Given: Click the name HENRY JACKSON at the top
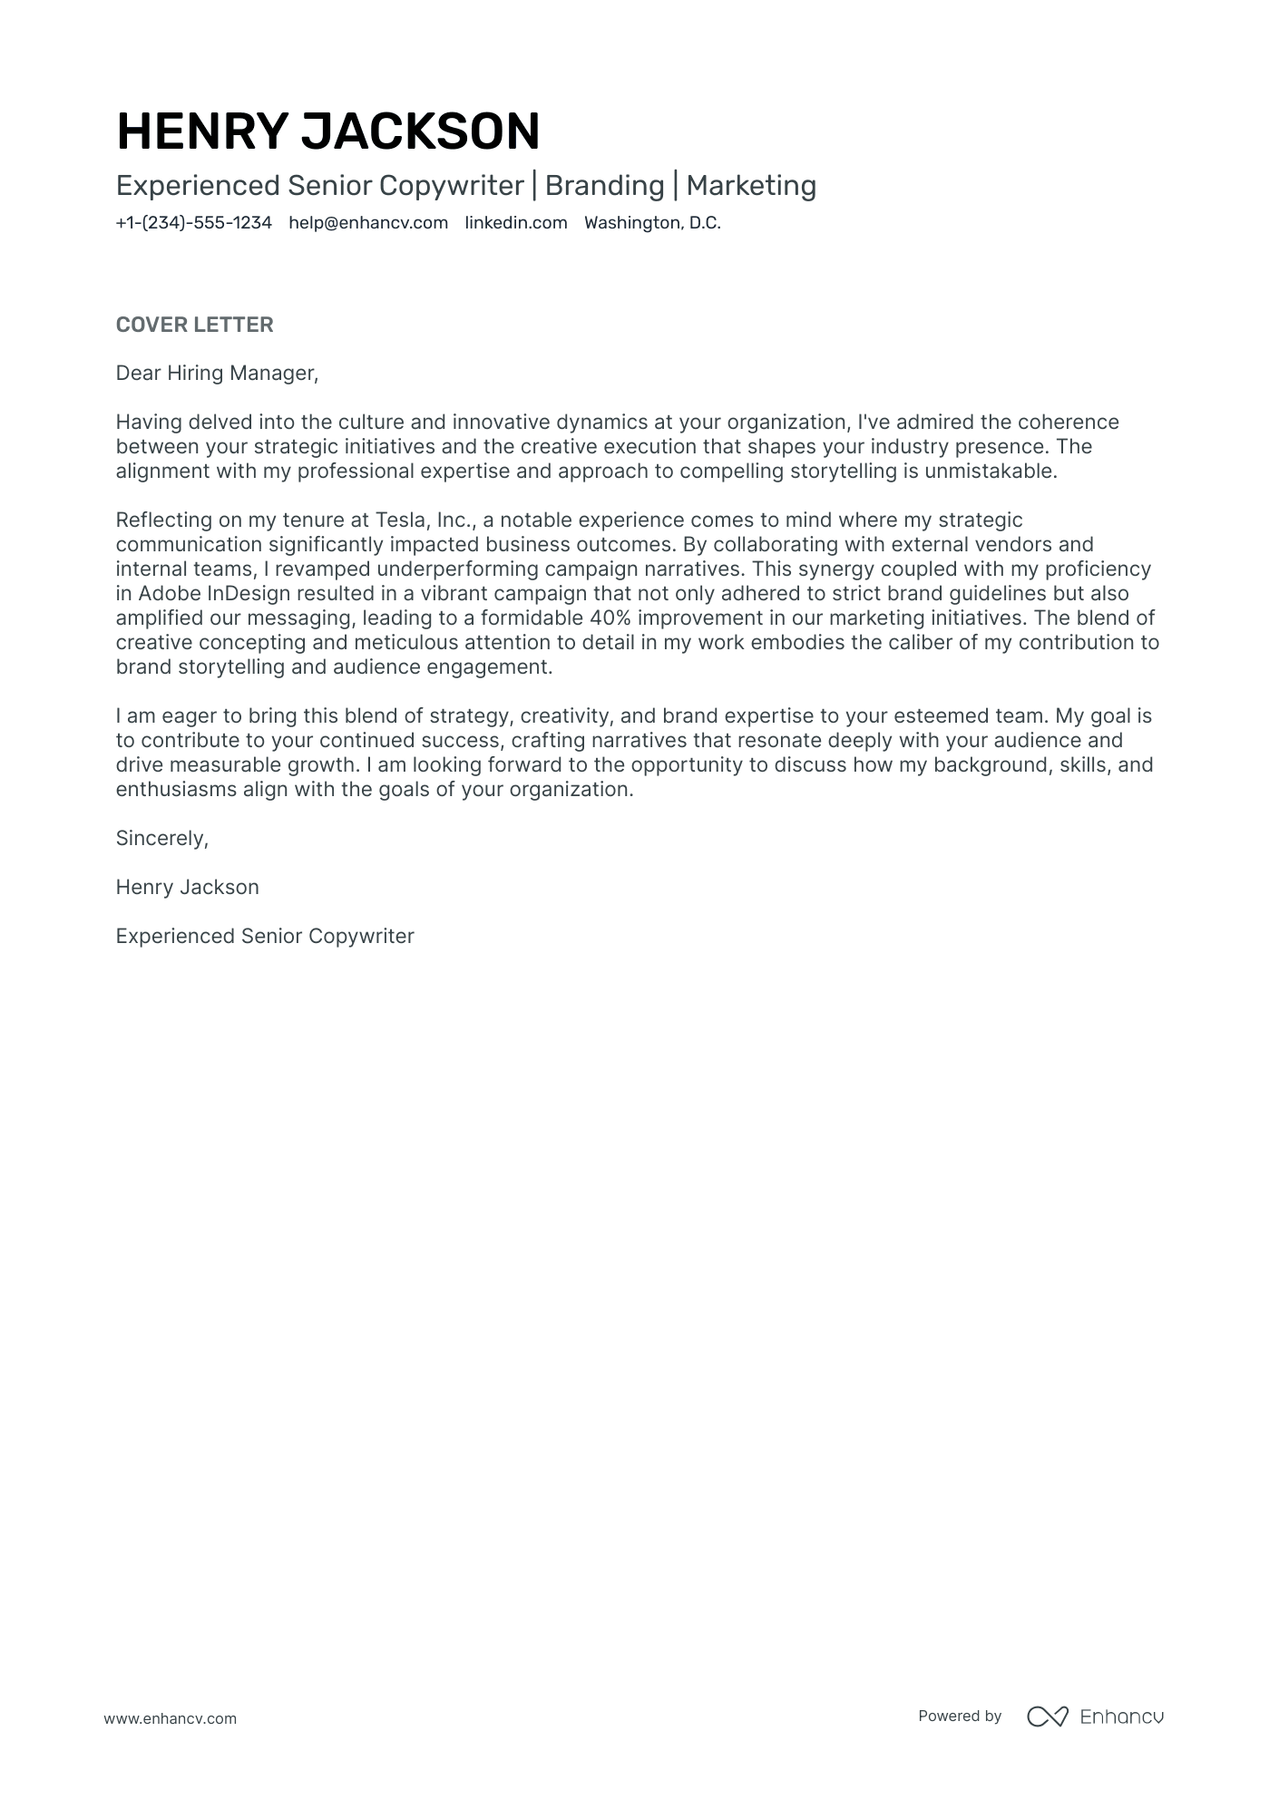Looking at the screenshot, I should pos(328,131).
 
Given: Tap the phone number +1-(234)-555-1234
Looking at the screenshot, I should pos(193,223).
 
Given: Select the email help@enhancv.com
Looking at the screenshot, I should pos(368,223).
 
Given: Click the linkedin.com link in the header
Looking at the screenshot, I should pos(515,223).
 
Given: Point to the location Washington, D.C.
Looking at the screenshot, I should pos(652,223).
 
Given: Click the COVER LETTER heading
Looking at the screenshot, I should pos(194,325).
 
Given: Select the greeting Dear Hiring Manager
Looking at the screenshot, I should pos(217,374).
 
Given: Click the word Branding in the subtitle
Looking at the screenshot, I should pos(604,186).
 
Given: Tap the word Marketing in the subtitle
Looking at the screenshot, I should pos(751,186).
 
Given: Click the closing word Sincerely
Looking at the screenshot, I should pos(161,839).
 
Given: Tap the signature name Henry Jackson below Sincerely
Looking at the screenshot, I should pos(187,888).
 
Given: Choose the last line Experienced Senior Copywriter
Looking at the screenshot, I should pos(265,937).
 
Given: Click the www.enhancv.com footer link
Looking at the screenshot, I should pos(170,1718).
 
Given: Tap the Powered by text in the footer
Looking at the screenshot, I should pos(959,1716).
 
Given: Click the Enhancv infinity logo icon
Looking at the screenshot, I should pos(1047,1717).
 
